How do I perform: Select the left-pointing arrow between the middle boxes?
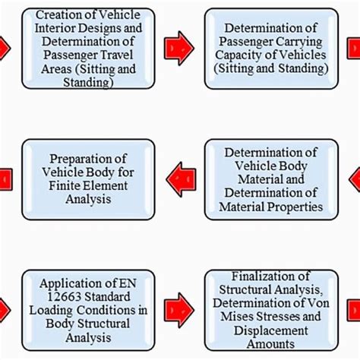pos(181,180)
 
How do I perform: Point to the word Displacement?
pos(270,331)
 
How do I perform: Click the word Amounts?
pos(271,345)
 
